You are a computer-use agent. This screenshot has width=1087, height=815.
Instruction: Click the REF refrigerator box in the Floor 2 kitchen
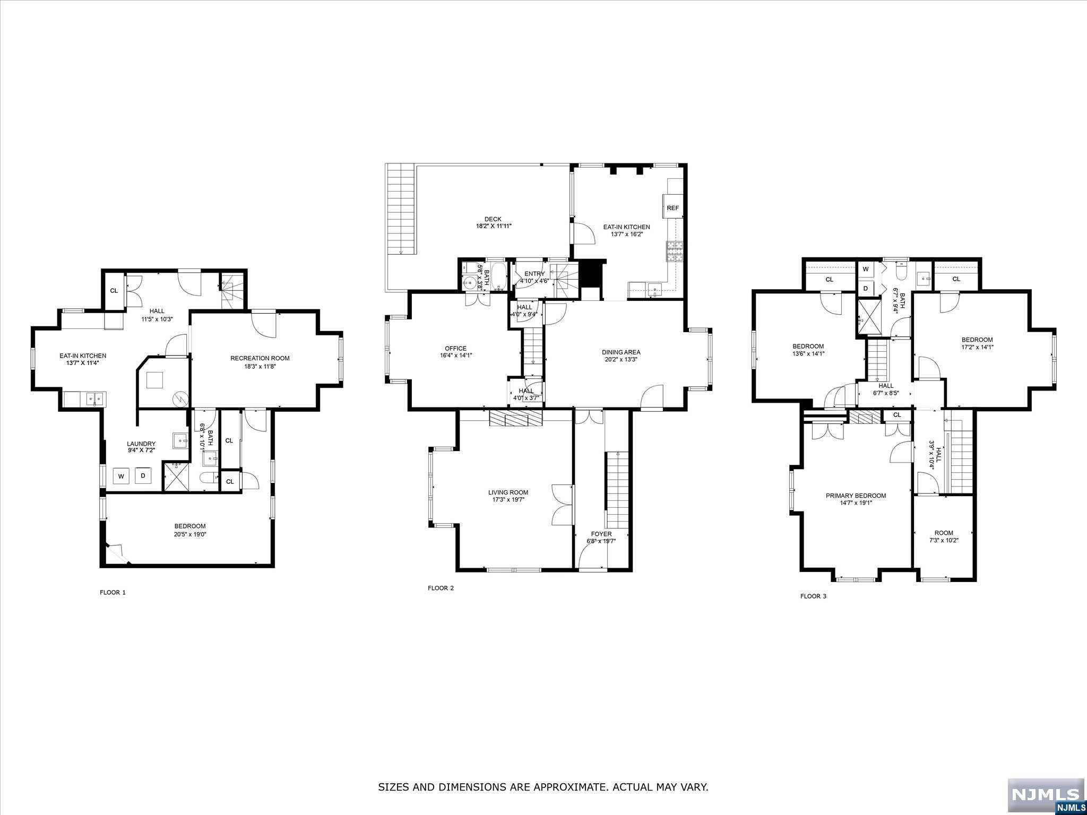point(672,208)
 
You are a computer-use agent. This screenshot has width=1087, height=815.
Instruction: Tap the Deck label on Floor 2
point(493,219)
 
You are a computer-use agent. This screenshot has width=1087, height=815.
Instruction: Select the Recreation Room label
point(260,358)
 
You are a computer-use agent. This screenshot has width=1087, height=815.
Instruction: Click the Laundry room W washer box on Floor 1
point(121,476)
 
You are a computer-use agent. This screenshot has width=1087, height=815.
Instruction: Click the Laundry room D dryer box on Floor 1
point(143,475)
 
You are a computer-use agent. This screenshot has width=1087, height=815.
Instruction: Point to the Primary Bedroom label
point(856,496)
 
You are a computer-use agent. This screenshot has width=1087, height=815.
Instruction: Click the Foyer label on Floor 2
point(601,534)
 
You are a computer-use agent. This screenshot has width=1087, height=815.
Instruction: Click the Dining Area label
point(620,352)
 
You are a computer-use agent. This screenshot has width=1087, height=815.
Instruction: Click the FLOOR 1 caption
point(113,592)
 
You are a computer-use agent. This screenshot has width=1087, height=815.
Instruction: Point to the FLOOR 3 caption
point(813,596)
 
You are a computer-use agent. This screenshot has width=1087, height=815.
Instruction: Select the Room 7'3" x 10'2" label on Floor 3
point(944,533)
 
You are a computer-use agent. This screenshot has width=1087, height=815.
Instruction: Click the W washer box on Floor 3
point(865,270)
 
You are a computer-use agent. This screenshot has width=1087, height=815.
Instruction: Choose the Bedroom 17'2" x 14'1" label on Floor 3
point(977,340)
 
